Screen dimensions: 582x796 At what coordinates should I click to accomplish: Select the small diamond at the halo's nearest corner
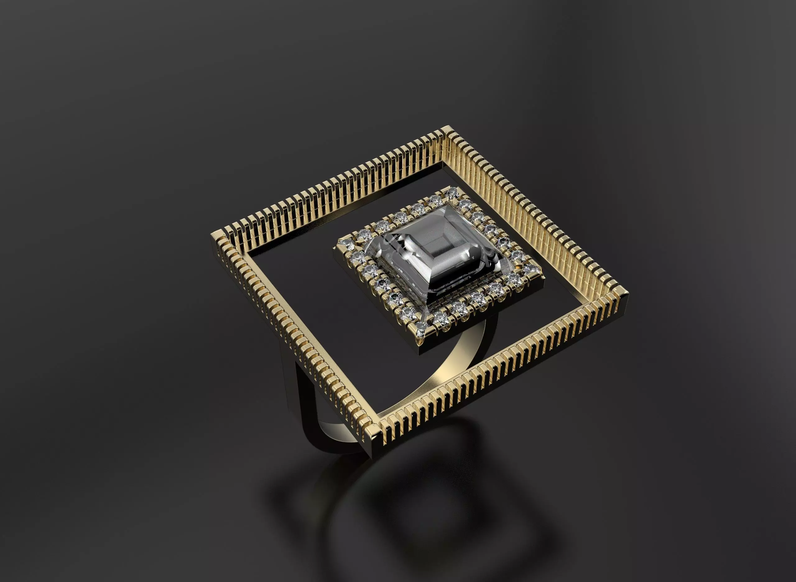tap(421, 332)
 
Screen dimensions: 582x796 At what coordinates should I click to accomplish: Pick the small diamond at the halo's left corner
tap(341, 243)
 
